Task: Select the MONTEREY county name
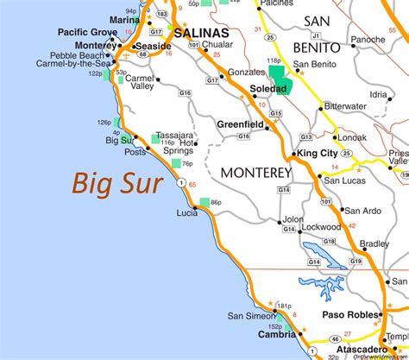(256, 173)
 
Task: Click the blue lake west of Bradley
(321, 260)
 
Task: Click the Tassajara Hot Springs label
(179, 143)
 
